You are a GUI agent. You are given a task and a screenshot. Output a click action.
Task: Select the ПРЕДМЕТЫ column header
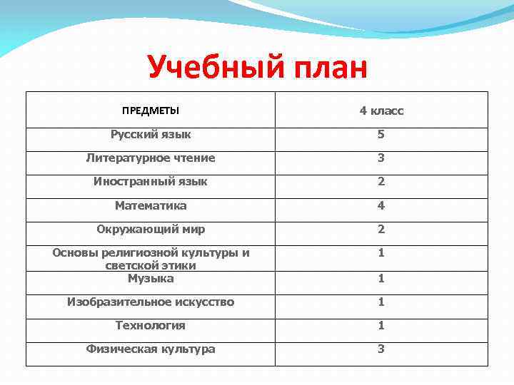151,111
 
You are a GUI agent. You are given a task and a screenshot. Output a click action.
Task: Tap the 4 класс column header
381,111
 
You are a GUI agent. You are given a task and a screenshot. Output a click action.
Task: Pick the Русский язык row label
151,134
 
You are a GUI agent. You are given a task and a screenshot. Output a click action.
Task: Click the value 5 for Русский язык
381,134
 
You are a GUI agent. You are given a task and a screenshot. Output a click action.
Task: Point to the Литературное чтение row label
151,158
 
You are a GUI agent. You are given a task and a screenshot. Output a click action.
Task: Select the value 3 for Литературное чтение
381,158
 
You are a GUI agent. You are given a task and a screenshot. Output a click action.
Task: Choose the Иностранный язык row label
151,182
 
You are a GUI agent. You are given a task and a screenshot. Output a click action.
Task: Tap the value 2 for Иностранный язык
381,182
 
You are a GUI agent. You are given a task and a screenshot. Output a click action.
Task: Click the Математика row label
151,205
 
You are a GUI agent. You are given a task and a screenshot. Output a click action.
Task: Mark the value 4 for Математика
381,205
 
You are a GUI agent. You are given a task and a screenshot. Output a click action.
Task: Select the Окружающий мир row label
151,230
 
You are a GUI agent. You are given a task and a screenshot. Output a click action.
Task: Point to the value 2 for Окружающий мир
381,230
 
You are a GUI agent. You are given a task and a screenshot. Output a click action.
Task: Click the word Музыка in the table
151,278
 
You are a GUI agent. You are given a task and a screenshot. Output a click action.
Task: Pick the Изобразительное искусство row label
151,302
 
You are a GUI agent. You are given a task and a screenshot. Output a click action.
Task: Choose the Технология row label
151,325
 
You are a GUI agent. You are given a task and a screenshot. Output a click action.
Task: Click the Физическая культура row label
151,349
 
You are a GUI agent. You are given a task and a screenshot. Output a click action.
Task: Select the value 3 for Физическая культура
381,349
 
